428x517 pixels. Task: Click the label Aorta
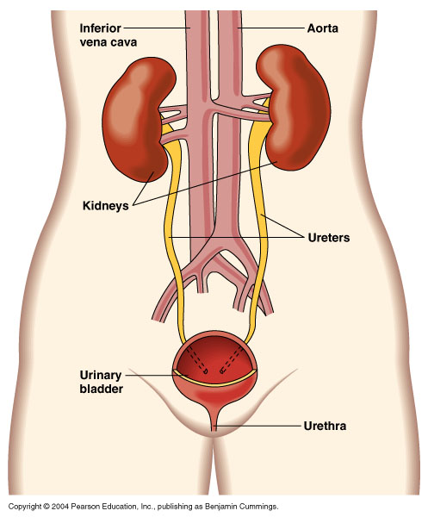[322, 28]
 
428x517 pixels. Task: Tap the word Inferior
[100, 28]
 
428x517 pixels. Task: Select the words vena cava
[108, 42]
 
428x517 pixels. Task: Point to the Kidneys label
[105, 206]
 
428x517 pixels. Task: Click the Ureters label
[328, 238]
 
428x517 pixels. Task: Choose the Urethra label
[325, 426]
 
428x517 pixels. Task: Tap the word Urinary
[101, 375]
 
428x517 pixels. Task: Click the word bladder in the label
[101, 389]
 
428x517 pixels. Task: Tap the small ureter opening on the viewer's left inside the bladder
[206, 372]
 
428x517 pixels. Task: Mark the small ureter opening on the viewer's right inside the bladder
[222, 371]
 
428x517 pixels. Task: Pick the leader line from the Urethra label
[257, 426]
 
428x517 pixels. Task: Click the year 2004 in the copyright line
[60, 506]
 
